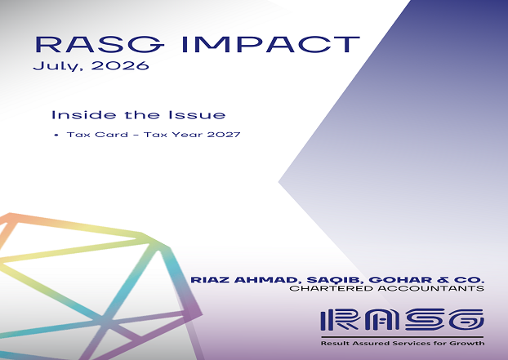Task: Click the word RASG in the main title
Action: pos(100,44)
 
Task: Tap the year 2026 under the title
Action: pos(120,65)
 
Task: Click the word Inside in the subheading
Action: pos(83,115)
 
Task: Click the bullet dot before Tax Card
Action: pos(57,135)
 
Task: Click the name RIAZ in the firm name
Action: pos(211,280)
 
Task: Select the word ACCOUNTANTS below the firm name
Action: pos(431,288)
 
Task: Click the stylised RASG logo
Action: pos(402,320)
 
